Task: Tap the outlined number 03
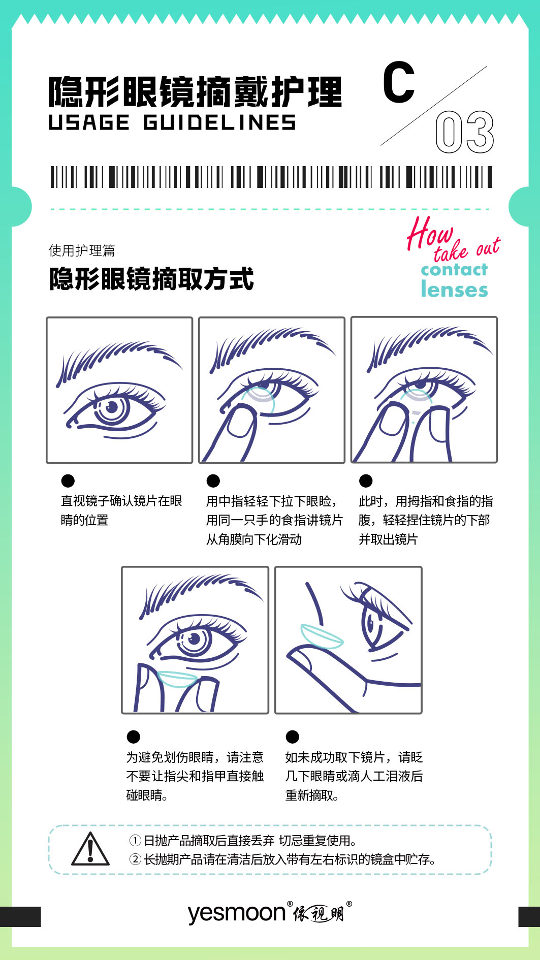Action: pos(464,132)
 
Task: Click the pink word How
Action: pos(429,233)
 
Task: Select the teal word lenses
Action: pos(454,289)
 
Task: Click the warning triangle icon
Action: pos(90,849)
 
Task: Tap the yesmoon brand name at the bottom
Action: pos(237,913)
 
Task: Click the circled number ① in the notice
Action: pos(135,841)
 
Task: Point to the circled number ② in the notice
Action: pos(135,859)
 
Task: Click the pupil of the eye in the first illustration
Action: pos(112,407)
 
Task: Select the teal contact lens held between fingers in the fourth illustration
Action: pos(178,678)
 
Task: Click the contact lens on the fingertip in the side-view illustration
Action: pos(322,636)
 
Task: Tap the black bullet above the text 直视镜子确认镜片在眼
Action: pos(68,481)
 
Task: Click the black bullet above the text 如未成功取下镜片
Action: pos(293,737)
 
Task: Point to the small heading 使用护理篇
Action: pos(82,250)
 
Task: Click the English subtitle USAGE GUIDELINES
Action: pos(172,123)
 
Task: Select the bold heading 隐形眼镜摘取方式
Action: pos(151,279)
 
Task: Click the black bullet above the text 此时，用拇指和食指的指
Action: pos(366,481)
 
